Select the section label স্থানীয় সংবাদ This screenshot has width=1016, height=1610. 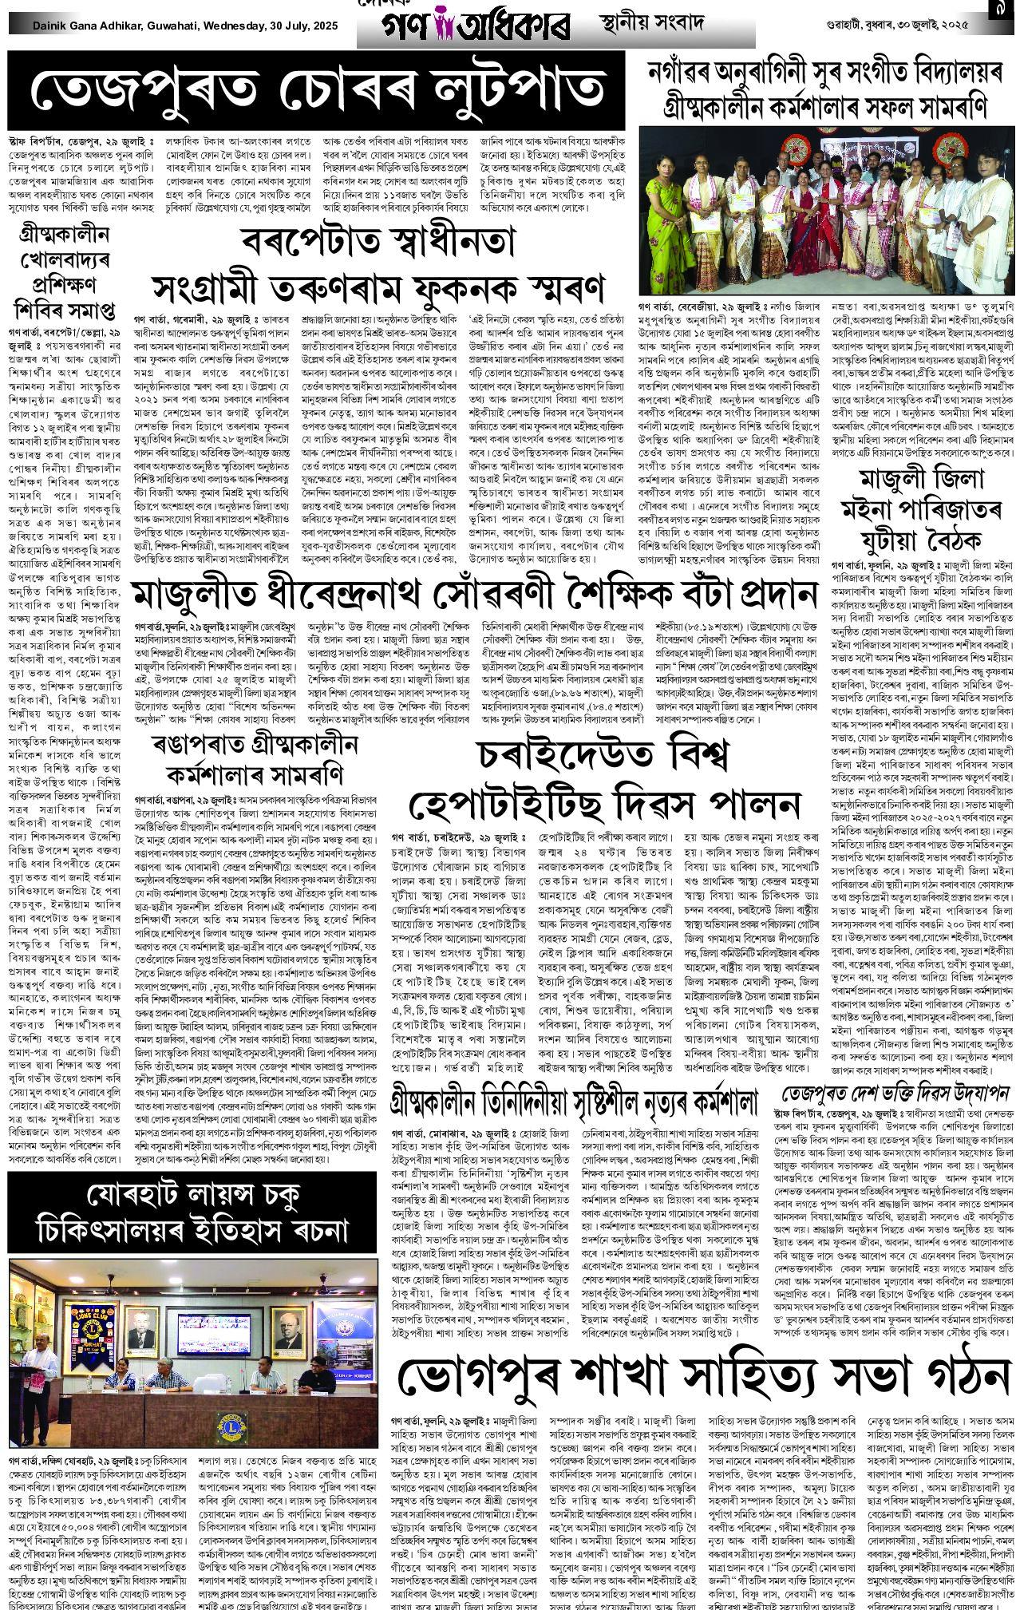point(652,22)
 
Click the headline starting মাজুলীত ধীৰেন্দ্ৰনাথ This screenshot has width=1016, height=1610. point(475,595)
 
